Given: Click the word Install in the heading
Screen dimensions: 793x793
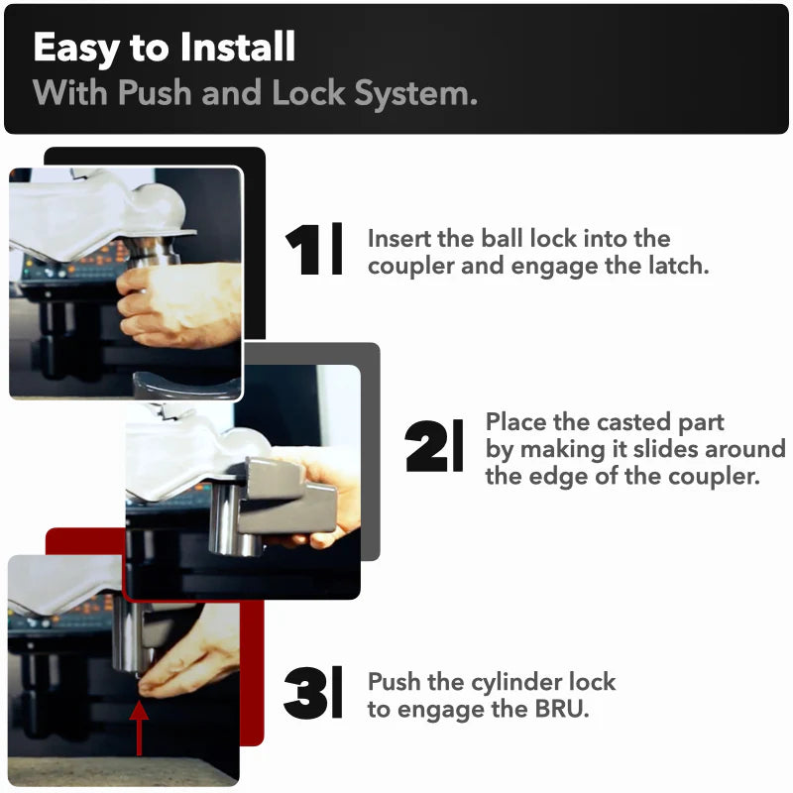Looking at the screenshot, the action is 237,47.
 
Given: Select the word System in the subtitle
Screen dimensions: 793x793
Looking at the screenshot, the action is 415,94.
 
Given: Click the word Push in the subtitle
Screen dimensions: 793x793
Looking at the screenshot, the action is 155,92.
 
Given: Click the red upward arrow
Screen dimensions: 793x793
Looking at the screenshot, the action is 139,728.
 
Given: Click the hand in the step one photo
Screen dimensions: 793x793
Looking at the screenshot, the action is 179,304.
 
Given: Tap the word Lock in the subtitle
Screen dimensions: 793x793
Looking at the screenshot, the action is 308,92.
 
